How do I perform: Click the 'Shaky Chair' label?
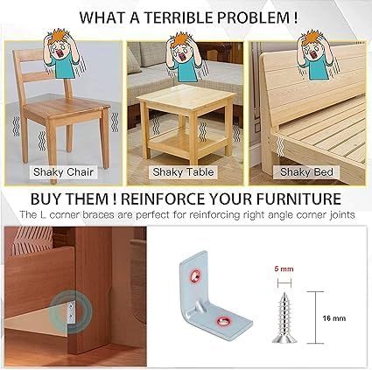click(x=63, y=172)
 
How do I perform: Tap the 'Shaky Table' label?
click(x=183, y=172)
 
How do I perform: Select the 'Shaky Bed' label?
click(x=306, y=172)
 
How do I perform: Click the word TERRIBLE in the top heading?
click(x=179, y=17)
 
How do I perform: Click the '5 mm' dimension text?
click(x=284, y=269)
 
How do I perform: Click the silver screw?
click(x=284, y=318)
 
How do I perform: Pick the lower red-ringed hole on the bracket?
click(x=223, y=321)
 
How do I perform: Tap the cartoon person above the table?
click(x=185, y=58)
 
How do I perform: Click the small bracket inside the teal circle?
click(x=71, y=311)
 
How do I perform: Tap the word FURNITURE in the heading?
click(x=298, y=199)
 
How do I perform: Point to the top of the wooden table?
click(x=186, y=96)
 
